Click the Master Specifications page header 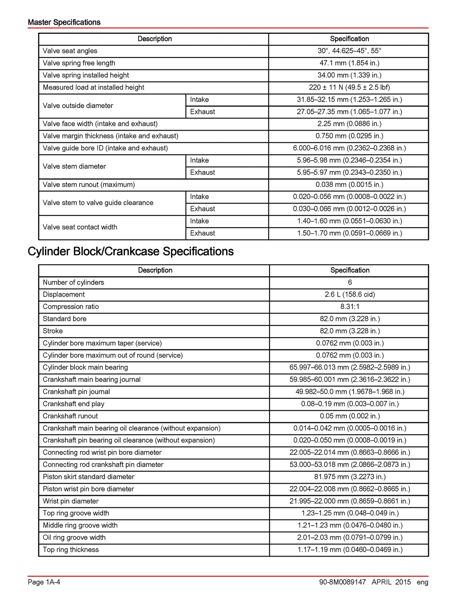(x=64, y=22)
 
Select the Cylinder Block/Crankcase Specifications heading (x=130, y=251)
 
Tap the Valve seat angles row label (x=70, y=51)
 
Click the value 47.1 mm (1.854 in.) (x=349, y=63)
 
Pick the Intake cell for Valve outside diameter (x=200, y=100)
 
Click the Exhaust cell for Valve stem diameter (x=203, y=172)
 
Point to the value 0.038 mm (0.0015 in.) (x=349, y=185)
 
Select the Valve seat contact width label (x=80, y=227)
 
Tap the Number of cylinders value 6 (x=349, y=282)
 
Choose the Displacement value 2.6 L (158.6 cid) (x=349, y=295)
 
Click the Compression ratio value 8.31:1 (x=349, y=307)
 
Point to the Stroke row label (x=53, y=331)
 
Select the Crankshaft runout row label (x=70, y=416)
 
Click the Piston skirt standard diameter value (x=349, y=477)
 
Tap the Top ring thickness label (x=71, y=550)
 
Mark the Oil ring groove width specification (x=349, y=537)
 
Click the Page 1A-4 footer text (x=44, y=582)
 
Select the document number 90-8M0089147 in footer (x=343, y=582)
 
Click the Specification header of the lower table (x=349, y=270)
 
